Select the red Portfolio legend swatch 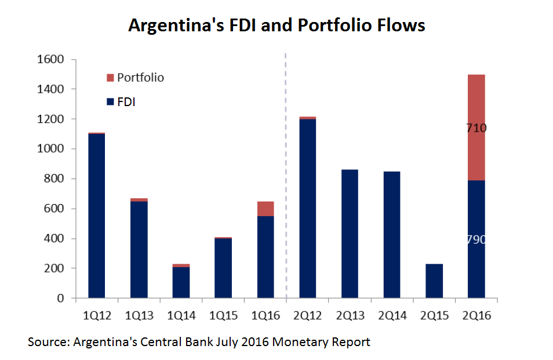click(110, 78)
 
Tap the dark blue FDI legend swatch click(110, 103)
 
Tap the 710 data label click(476, 128)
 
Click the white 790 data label click(476, 239)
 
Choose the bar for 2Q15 click(434, 281)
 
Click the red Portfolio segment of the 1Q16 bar click(265, 209)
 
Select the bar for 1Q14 click(181, 282)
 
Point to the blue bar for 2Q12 click(307, 209)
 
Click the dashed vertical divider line click(286, 174)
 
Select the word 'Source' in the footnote click(48, 342)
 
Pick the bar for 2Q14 click(391, 235)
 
